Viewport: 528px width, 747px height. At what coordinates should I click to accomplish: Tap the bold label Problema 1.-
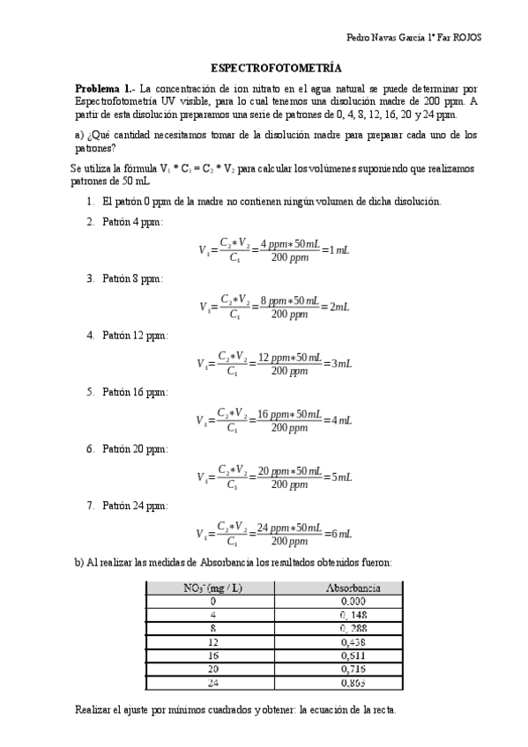[x=105, y=89]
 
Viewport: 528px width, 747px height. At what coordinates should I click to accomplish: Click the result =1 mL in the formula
[x=337, y=250]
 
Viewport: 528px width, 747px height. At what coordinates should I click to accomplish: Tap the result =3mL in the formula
[x=338, y=363]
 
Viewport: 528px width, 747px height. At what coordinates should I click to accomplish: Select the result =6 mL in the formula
[x=338, y=534]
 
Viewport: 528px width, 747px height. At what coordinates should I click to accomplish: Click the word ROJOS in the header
[x=468, y=38]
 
